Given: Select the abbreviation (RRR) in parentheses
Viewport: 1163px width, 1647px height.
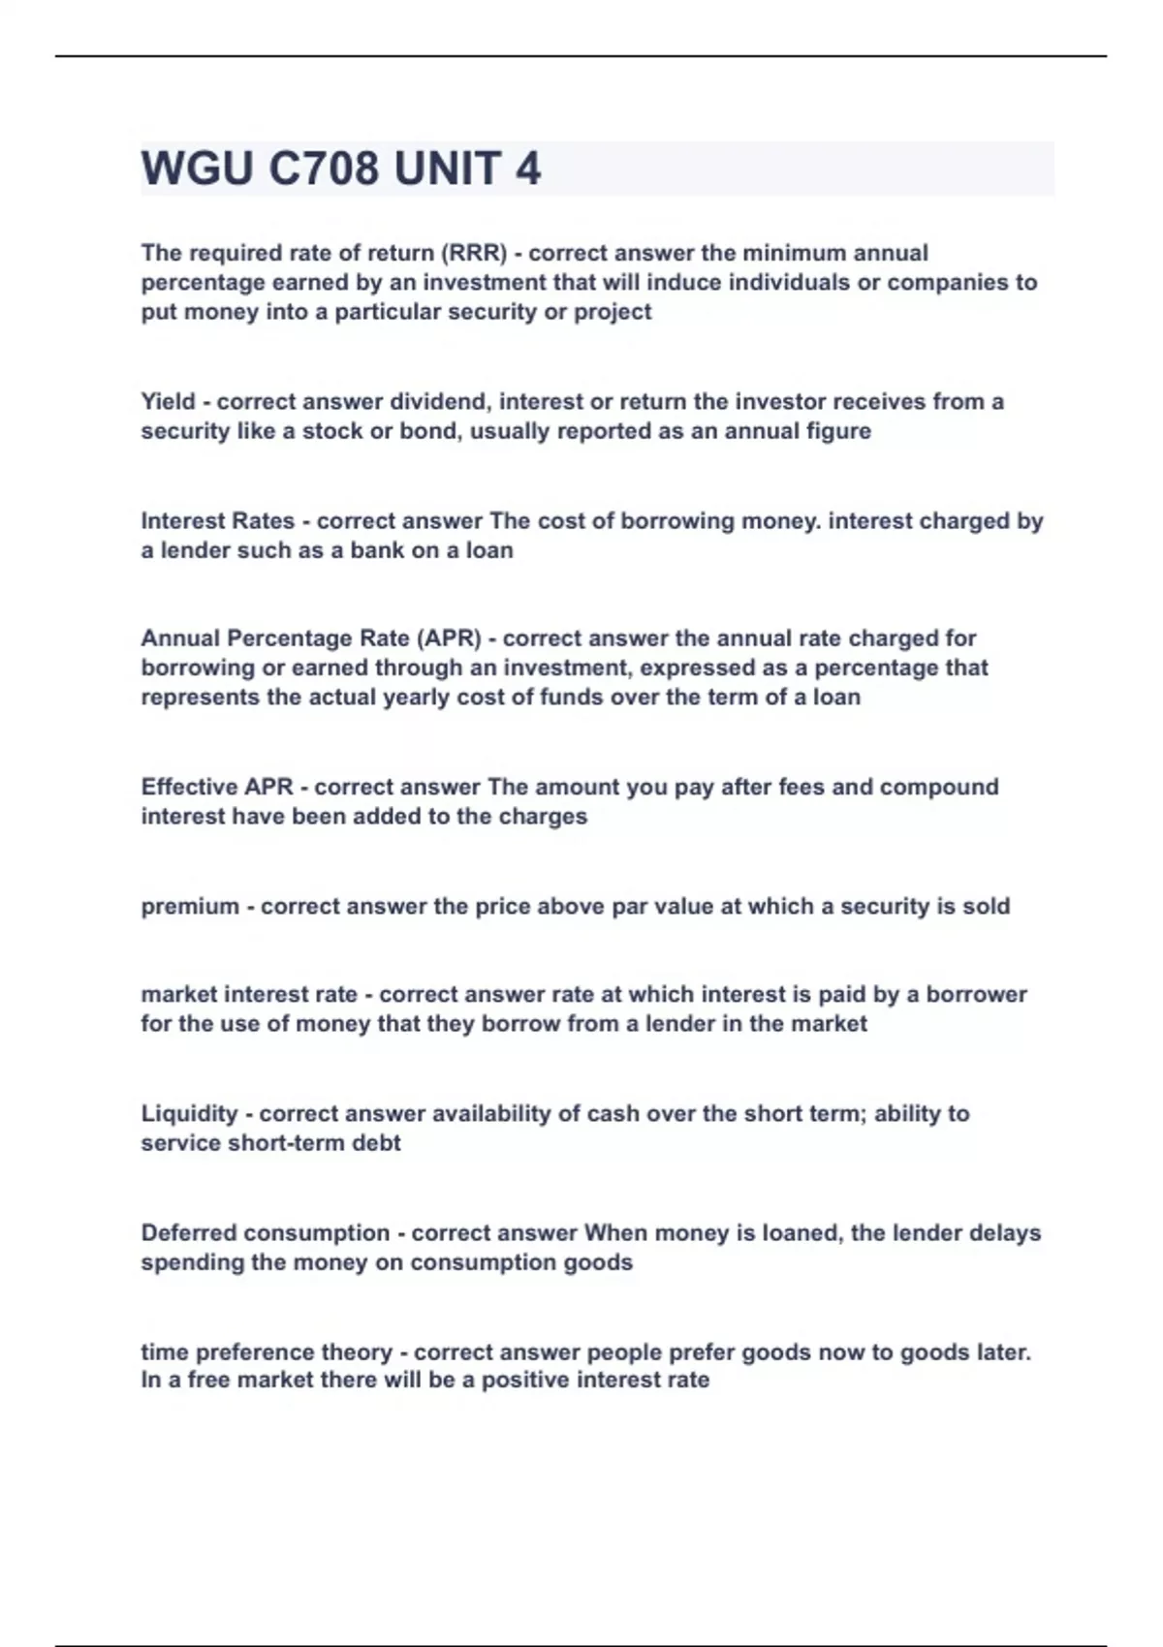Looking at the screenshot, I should [474, 253].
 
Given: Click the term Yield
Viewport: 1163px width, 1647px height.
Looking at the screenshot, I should [168, 402].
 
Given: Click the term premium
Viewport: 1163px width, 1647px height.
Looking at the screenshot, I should [190, 907].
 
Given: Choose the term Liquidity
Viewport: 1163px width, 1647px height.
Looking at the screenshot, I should [189, 1114].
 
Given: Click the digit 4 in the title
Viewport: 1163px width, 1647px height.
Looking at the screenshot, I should [527, 170].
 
